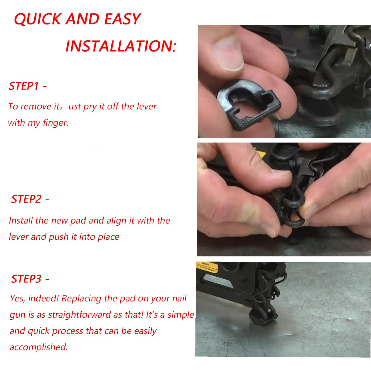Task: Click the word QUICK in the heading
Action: point(37,19)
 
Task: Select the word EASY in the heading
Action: point(122,19)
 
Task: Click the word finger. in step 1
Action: point(56,123)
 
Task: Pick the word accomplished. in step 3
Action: point(39,347)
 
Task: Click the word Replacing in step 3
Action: point(81,299)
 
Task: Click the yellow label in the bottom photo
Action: point(207,267)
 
